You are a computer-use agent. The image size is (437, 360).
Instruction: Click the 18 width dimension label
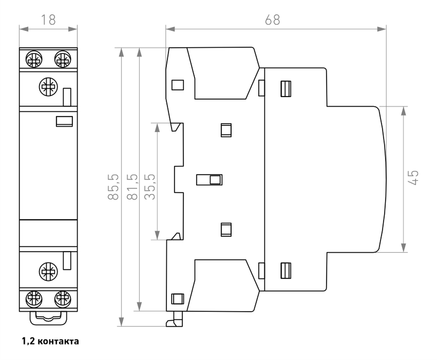coord(48,20)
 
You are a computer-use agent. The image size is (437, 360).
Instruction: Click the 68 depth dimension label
coord(272,20)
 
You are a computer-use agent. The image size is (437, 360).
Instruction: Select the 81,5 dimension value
coord(132,187)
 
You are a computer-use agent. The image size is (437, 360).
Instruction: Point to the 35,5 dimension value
coord(150,187)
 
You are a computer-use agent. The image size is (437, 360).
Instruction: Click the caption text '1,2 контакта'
coord(50,341)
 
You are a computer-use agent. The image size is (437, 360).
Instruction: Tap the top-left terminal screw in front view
coord(34,59)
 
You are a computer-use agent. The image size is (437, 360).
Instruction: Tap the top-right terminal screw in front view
coord(62,59)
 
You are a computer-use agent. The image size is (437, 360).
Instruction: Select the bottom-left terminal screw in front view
coord(34,299)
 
